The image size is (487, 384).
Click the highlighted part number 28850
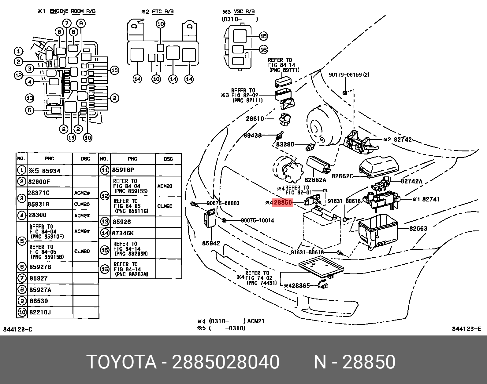283,203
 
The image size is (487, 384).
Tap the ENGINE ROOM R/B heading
72,11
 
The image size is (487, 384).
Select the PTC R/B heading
163,12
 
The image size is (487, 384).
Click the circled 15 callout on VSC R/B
263,36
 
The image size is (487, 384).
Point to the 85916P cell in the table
123,170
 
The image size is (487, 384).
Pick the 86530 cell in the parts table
39,301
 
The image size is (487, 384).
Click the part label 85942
211,243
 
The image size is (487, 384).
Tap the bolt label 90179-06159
345,75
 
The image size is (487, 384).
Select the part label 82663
418,229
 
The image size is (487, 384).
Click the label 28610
255,119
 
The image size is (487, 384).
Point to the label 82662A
315,180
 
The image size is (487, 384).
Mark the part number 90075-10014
257,220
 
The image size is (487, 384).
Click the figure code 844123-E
466,329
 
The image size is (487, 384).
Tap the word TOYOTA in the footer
121,362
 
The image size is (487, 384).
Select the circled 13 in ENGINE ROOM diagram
30,98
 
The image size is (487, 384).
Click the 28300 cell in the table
37,215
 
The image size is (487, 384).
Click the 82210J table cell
40,312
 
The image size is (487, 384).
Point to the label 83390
285,144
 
